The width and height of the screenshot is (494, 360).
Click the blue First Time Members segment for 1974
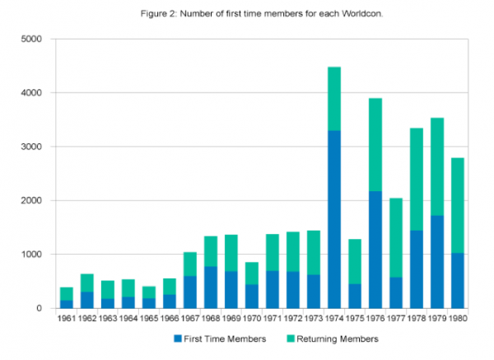pyautogui.click(x=333, y=219)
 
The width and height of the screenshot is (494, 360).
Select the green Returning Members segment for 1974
pyautogui.click(x=333, y=99)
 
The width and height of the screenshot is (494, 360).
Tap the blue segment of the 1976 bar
pyautogui.click(x=375, y=250)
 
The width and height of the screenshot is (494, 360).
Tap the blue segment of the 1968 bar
pyautogui.click(x=212, y=288)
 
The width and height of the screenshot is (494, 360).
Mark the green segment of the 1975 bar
pyautogui.click(x=354, y=261)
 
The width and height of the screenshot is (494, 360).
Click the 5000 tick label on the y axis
pyautogui.click(x=31, y=40)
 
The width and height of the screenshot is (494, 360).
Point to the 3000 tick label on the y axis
pyautogui.click(x=31, y=147)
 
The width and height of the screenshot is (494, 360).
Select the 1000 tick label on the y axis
pyautogui.click(x=31, y=255)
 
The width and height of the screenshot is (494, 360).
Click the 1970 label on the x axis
pyautogui.click(x=252, y=318)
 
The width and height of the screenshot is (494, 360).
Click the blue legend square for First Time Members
pyautogui.click(x=178, y=338)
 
